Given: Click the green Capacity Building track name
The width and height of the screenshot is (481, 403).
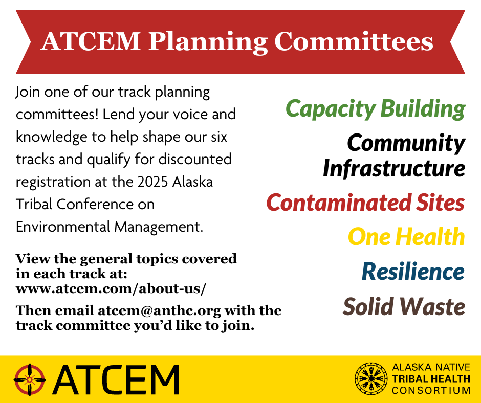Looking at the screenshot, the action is (375, 109).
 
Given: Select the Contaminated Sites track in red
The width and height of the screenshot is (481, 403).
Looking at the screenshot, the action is (366, 203).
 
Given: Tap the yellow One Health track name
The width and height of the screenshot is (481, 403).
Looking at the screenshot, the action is (406, 237).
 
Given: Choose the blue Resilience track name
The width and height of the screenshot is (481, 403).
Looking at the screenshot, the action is (413, 272).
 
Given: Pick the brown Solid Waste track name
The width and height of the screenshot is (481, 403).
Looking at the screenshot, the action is (404, 306).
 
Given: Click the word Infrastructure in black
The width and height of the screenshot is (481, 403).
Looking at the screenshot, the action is (394, 168).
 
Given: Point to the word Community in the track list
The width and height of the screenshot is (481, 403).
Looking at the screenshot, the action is (406, 143).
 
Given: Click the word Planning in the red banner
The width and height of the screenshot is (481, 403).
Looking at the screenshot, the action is (208, 42).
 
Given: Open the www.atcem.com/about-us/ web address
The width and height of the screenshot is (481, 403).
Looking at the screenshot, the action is (111, 288).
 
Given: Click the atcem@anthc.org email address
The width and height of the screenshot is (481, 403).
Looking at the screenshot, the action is (160, 310).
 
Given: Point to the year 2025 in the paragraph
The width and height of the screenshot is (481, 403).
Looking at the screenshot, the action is (152, 182).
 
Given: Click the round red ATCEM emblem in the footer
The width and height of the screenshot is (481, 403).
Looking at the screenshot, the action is (30, 379).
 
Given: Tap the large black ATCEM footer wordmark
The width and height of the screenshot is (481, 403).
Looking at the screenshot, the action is (116, 379).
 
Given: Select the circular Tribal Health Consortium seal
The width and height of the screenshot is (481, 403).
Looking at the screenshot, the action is (371, 379).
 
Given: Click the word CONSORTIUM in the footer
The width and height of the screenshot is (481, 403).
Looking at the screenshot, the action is (431, 391).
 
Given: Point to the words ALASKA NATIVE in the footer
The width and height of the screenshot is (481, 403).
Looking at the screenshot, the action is (431, 367).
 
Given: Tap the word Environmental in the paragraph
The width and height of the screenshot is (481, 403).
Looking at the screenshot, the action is (63, 227).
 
